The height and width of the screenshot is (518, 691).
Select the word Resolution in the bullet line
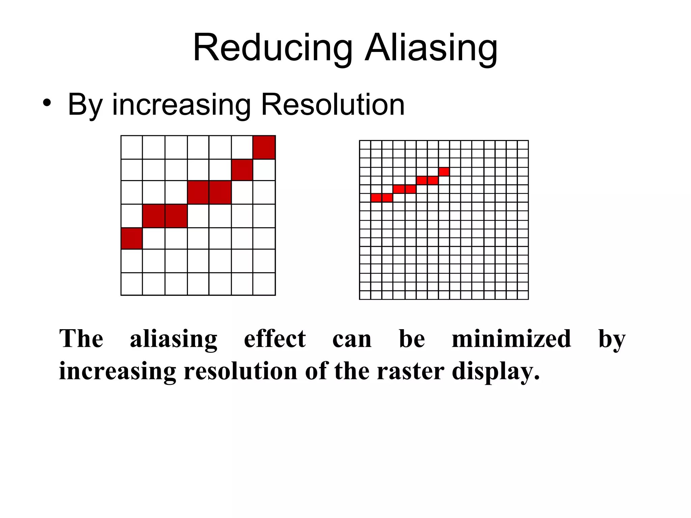click(333, 105)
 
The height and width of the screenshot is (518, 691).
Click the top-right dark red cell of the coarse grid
click(264, 147)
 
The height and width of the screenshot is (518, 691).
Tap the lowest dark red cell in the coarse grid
click(132, 238)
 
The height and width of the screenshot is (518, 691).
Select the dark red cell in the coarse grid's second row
click(242, 170)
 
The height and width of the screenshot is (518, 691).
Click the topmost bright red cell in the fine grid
click(444, 172)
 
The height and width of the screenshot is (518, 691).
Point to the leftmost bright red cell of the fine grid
click(376, 198)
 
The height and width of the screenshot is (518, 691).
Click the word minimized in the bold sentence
click(511, 339)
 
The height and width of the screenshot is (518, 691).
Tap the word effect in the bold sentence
click(275, 339)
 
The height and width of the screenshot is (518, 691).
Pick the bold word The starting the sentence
click(81, 339)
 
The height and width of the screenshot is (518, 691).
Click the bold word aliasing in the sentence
click(174, 339)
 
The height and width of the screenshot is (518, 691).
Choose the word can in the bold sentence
click(352, 339)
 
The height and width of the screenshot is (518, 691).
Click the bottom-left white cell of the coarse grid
click(132, 284)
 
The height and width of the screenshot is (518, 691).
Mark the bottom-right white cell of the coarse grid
click(264, 284)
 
